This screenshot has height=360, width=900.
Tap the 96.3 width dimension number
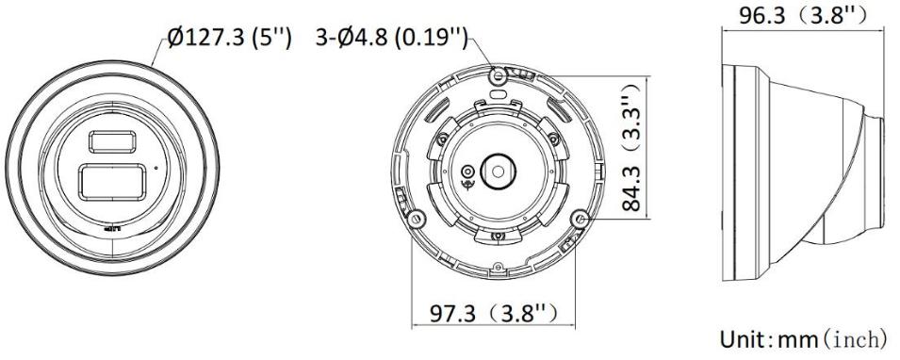point(761,15)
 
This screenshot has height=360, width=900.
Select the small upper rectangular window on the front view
point(112,141)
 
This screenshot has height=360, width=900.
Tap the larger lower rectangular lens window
point(112,182)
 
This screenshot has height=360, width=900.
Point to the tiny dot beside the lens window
point(156,169)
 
